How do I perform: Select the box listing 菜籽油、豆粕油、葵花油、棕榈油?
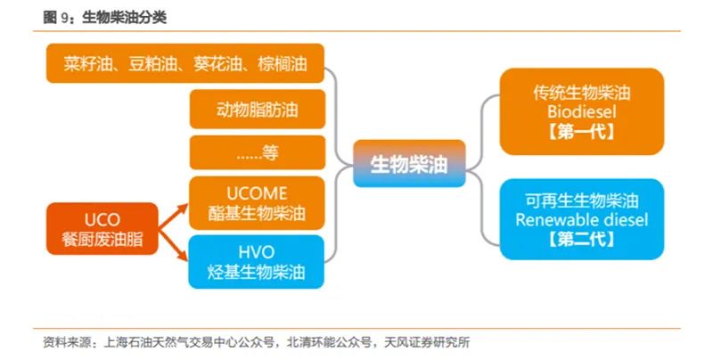tap(184, 64)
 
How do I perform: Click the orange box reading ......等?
tap(257, 153)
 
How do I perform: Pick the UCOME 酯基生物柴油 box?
tap(257, 203)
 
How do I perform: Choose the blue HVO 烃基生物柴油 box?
tap(257, 260)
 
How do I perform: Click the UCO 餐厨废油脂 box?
tap(101, 229)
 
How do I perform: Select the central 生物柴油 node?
tap(409, 164)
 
